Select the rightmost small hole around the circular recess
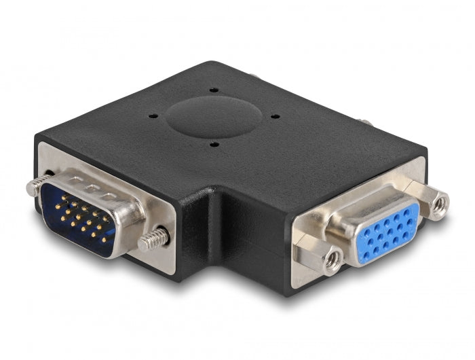tap(275, 116)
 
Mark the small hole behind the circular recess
tap(214, 90)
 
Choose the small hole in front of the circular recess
tap(214, 144)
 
